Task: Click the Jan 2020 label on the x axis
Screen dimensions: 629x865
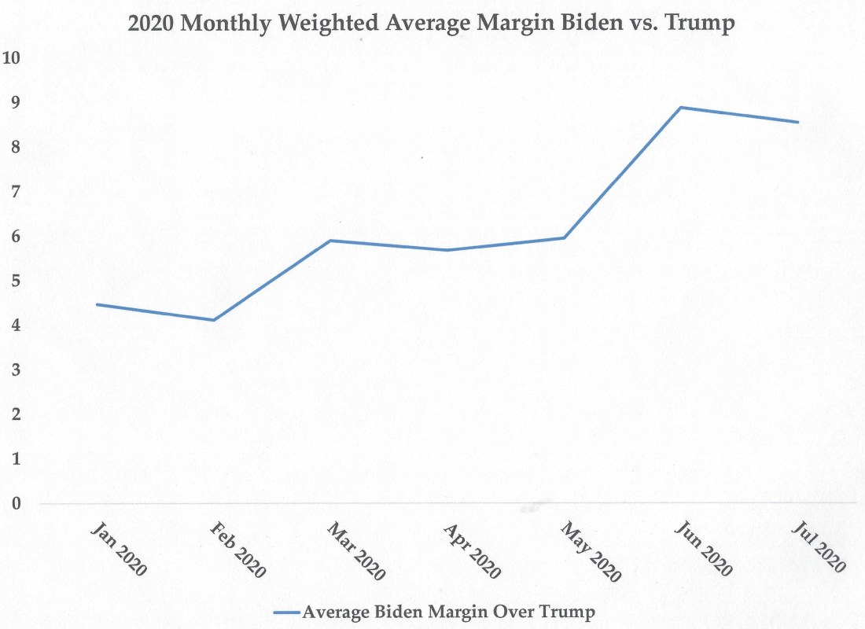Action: [x=120, y=547]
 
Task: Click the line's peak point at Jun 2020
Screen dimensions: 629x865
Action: [x=681, y=107]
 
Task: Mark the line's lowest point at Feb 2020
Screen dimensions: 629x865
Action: [x=213, y=320]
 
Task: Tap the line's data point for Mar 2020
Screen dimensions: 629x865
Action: [x=330, y=241]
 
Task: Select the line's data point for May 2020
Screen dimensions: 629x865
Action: [x=564, y=237]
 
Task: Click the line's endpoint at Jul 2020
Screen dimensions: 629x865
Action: [x=799, y=122]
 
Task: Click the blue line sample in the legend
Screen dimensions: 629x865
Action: [x=286, y=611]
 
